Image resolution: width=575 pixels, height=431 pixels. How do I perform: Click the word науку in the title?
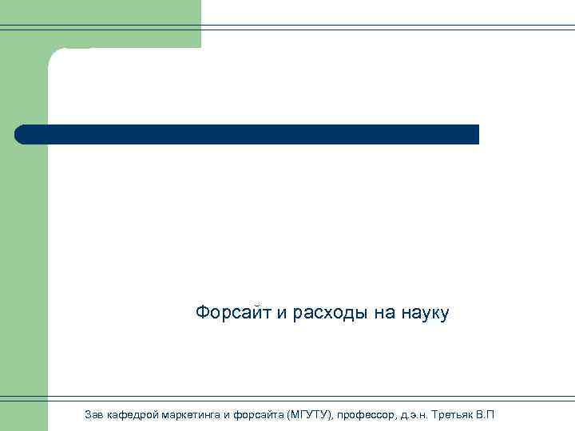425,313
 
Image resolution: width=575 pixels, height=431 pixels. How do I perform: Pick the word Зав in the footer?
93,415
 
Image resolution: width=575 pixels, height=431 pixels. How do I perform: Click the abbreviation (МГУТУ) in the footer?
311,415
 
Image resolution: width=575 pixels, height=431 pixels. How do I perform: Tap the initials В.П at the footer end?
485,415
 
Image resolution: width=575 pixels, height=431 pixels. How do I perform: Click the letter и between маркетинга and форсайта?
226,415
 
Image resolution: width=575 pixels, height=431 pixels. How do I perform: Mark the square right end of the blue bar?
475,134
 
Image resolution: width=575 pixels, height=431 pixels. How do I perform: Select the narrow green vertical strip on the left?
24,239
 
